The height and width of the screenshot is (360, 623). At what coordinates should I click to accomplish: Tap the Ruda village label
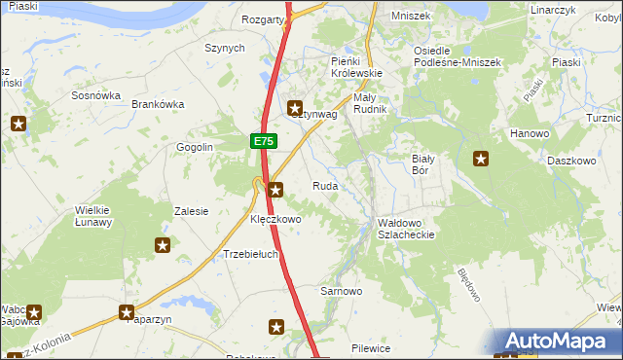[325, 186]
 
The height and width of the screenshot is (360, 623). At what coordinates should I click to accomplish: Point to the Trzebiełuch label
[251, 254]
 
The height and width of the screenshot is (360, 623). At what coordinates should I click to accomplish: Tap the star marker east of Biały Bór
[481, 160]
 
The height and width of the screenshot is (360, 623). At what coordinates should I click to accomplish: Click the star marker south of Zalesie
[163, 246]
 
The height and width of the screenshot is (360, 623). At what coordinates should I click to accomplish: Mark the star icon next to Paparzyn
[127, 312]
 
